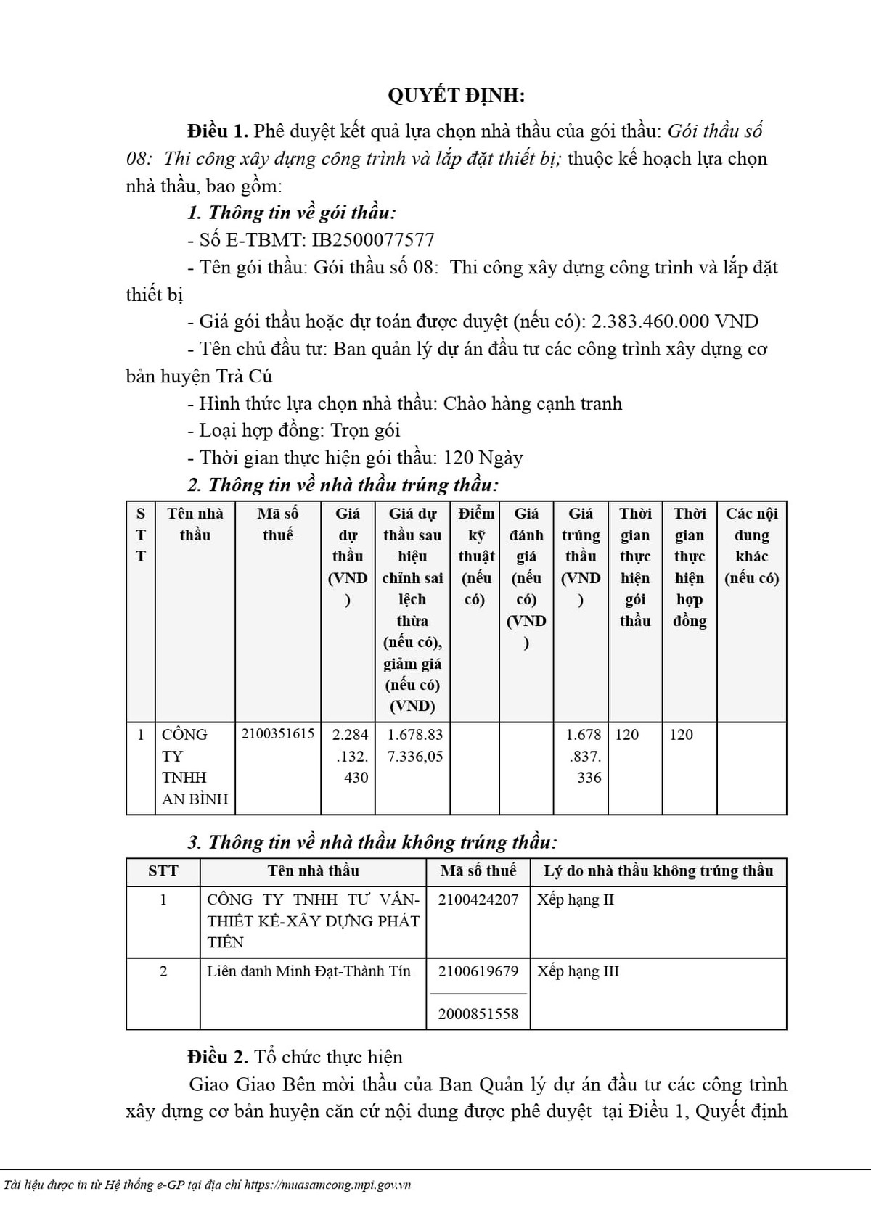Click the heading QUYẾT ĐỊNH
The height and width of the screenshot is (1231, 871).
click(456, 96)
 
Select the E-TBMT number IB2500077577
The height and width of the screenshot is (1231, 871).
click(372, 240)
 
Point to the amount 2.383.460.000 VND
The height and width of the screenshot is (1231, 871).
click(675, 321)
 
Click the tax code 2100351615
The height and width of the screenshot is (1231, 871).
click(278, 734)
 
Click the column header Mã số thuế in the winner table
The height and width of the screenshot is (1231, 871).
click(278, 524)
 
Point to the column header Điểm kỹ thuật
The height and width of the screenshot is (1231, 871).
click(476, 556)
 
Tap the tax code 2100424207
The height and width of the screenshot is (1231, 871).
click(478, 899)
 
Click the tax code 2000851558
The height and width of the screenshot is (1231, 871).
click(478, 1013)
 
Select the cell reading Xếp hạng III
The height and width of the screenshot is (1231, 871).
click(578, 971)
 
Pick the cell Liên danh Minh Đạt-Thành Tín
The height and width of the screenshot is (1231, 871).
click(308, 971)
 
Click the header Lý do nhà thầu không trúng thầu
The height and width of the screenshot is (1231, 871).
click(658, 871)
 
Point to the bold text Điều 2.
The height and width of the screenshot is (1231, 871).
click(218, 1057)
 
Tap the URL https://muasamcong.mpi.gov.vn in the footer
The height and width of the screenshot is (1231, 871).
click(328, 1185)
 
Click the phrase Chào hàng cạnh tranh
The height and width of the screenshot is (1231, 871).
click(532, 403)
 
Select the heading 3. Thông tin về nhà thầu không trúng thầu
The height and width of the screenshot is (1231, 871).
click(372, 842)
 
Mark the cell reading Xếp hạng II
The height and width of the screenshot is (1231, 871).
click(575, 899)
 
